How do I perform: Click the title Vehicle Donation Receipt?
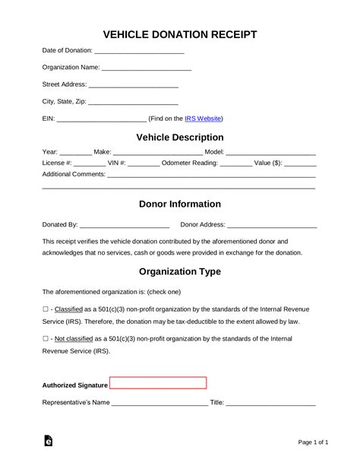tap(179, 34)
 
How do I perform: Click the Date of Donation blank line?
tap(139, 51)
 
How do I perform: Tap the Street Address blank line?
tap(134, 85)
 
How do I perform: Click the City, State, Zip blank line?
tap(134, 102)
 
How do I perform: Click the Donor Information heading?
tap(179, 204)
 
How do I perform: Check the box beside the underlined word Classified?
tap(46, 310)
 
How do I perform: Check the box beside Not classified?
tap(46, 338)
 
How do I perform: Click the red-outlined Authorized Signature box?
tap(158, 384)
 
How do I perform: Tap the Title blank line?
tap(270, 402)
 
